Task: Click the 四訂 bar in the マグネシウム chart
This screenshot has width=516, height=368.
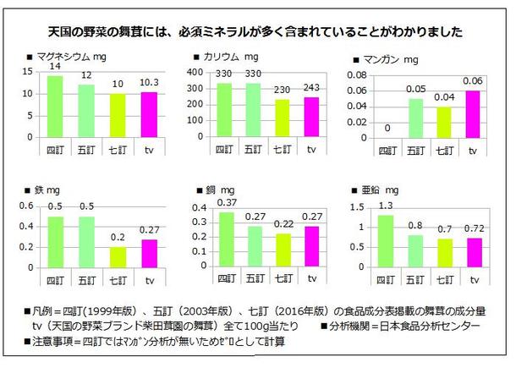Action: point(54,106)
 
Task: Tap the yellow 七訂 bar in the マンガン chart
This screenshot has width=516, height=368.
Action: point(444,122)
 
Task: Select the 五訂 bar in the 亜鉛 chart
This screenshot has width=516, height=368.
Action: point(414,250)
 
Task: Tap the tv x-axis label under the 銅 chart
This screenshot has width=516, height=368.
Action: point(310,277)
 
